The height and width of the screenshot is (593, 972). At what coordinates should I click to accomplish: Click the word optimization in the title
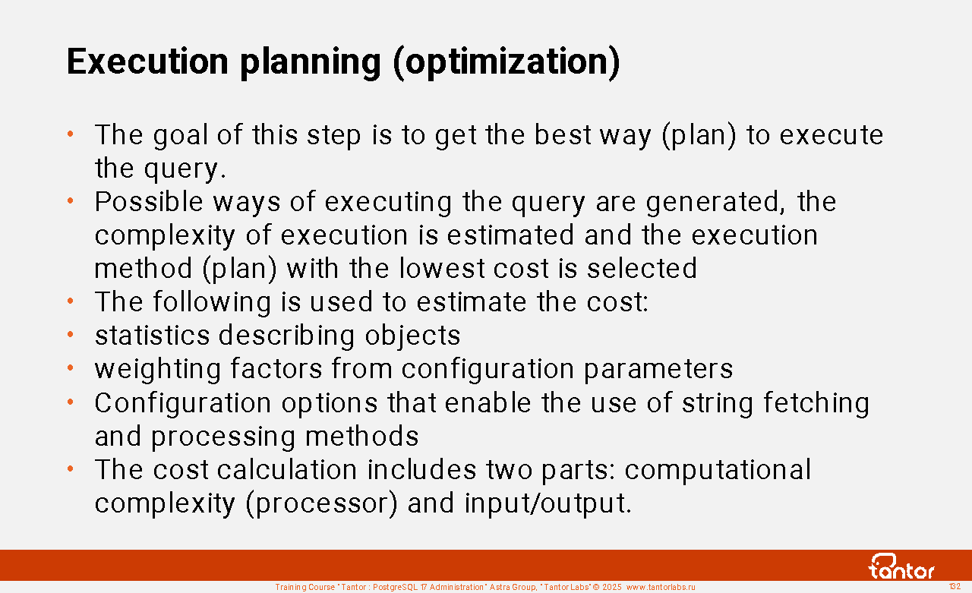coord(508,63)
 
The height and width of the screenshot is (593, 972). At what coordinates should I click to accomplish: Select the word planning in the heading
coord(311,63)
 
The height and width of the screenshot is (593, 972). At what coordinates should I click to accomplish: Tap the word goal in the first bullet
coord(181,136)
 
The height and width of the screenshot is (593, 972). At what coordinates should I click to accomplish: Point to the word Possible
coord(149,201)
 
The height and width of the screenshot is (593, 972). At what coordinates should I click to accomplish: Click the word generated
coord(715,203)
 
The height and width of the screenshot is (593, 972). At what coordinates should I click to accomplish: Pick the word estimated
coord(511,235)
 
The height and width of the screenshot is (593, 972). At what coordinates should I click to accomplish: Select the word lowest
coord(441,268)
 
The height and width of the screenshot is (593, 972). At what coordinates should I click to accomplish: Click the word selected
coord(642,268)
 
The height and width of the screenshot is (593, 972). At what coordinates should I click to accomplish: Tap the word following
coord(212,303)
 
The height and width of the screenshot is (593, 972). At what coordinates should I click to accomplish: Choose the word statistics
coord(153,336)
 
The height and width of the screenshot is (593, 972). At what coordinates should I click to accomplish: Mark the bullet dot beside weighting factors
coord(71,368)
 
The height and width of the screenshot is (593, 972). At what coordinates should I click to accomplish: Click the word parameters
coord(658,370)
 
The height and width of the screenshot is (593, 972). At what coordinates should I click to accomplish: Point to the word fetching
coord(816,404)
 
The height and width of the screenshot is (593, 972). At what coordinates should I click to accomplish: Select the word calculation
coord(287,470)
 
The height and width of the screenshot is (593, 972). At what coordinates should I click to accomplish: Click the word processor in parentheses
coord(321,504)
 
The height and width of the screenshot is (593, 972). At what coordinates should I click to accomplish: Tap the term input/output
coord(548,504)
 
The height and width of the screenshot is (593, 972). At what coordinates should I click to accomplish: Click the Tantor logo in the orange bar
coord(901,566)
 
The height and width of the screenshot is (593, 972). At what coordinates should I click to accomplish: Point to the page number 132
coord(955,586)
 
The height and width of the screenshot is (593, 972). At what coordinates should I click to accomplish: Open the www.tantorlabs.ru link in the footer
coord(661,587)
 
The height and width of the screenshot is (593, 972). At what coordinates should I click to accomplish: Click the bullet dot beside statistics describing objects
coord(71,334)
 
